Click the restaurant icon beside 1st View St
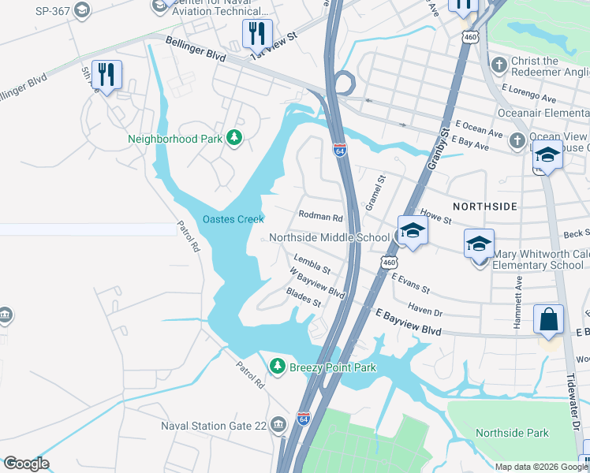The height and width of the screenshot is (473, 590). coord(256,33)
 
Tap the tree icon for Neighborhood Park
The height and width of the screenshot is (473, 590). coord(233,139)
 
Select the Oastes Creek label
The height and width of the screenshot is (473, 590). coord(233,219)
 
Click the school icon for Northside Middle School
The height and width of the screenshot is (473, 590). coord(411,231)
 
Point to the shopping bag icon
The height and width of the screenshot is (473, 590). coord(548,320)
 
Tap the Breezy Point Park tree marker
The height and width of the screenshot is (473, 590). coord(277,366)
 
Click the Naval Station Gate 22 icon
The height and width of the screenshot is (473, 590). coord(278,426)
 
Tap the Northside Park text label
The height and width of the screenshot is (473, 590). coord(512,433)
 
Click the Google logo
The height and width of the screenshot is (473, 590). coord(26,464)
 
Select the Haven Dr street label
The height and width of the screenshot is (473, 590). coord(425,310)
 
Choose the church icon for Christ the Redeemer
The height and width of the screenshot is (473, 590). coord(498,63)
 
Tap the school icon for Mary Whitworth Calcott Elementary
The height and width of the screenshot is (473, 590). coord(479,245)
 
